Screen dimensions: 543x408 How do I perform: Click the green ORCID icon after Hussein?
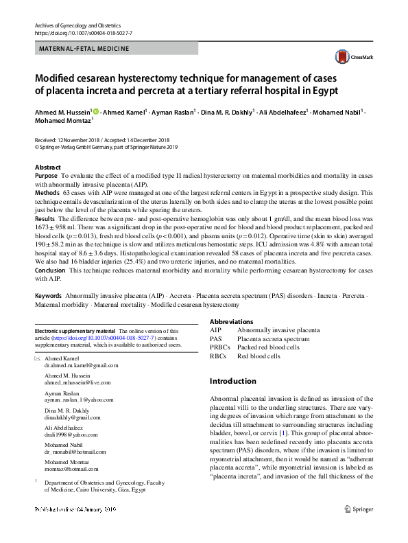pos(95,111)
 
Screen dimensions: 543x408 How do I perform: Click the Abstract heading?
pos(48,167)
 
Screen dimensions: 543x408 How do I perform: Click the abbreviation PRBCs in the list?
pos(220,347)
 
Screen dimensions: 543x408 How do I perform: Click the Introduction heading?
pos(233,381)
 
